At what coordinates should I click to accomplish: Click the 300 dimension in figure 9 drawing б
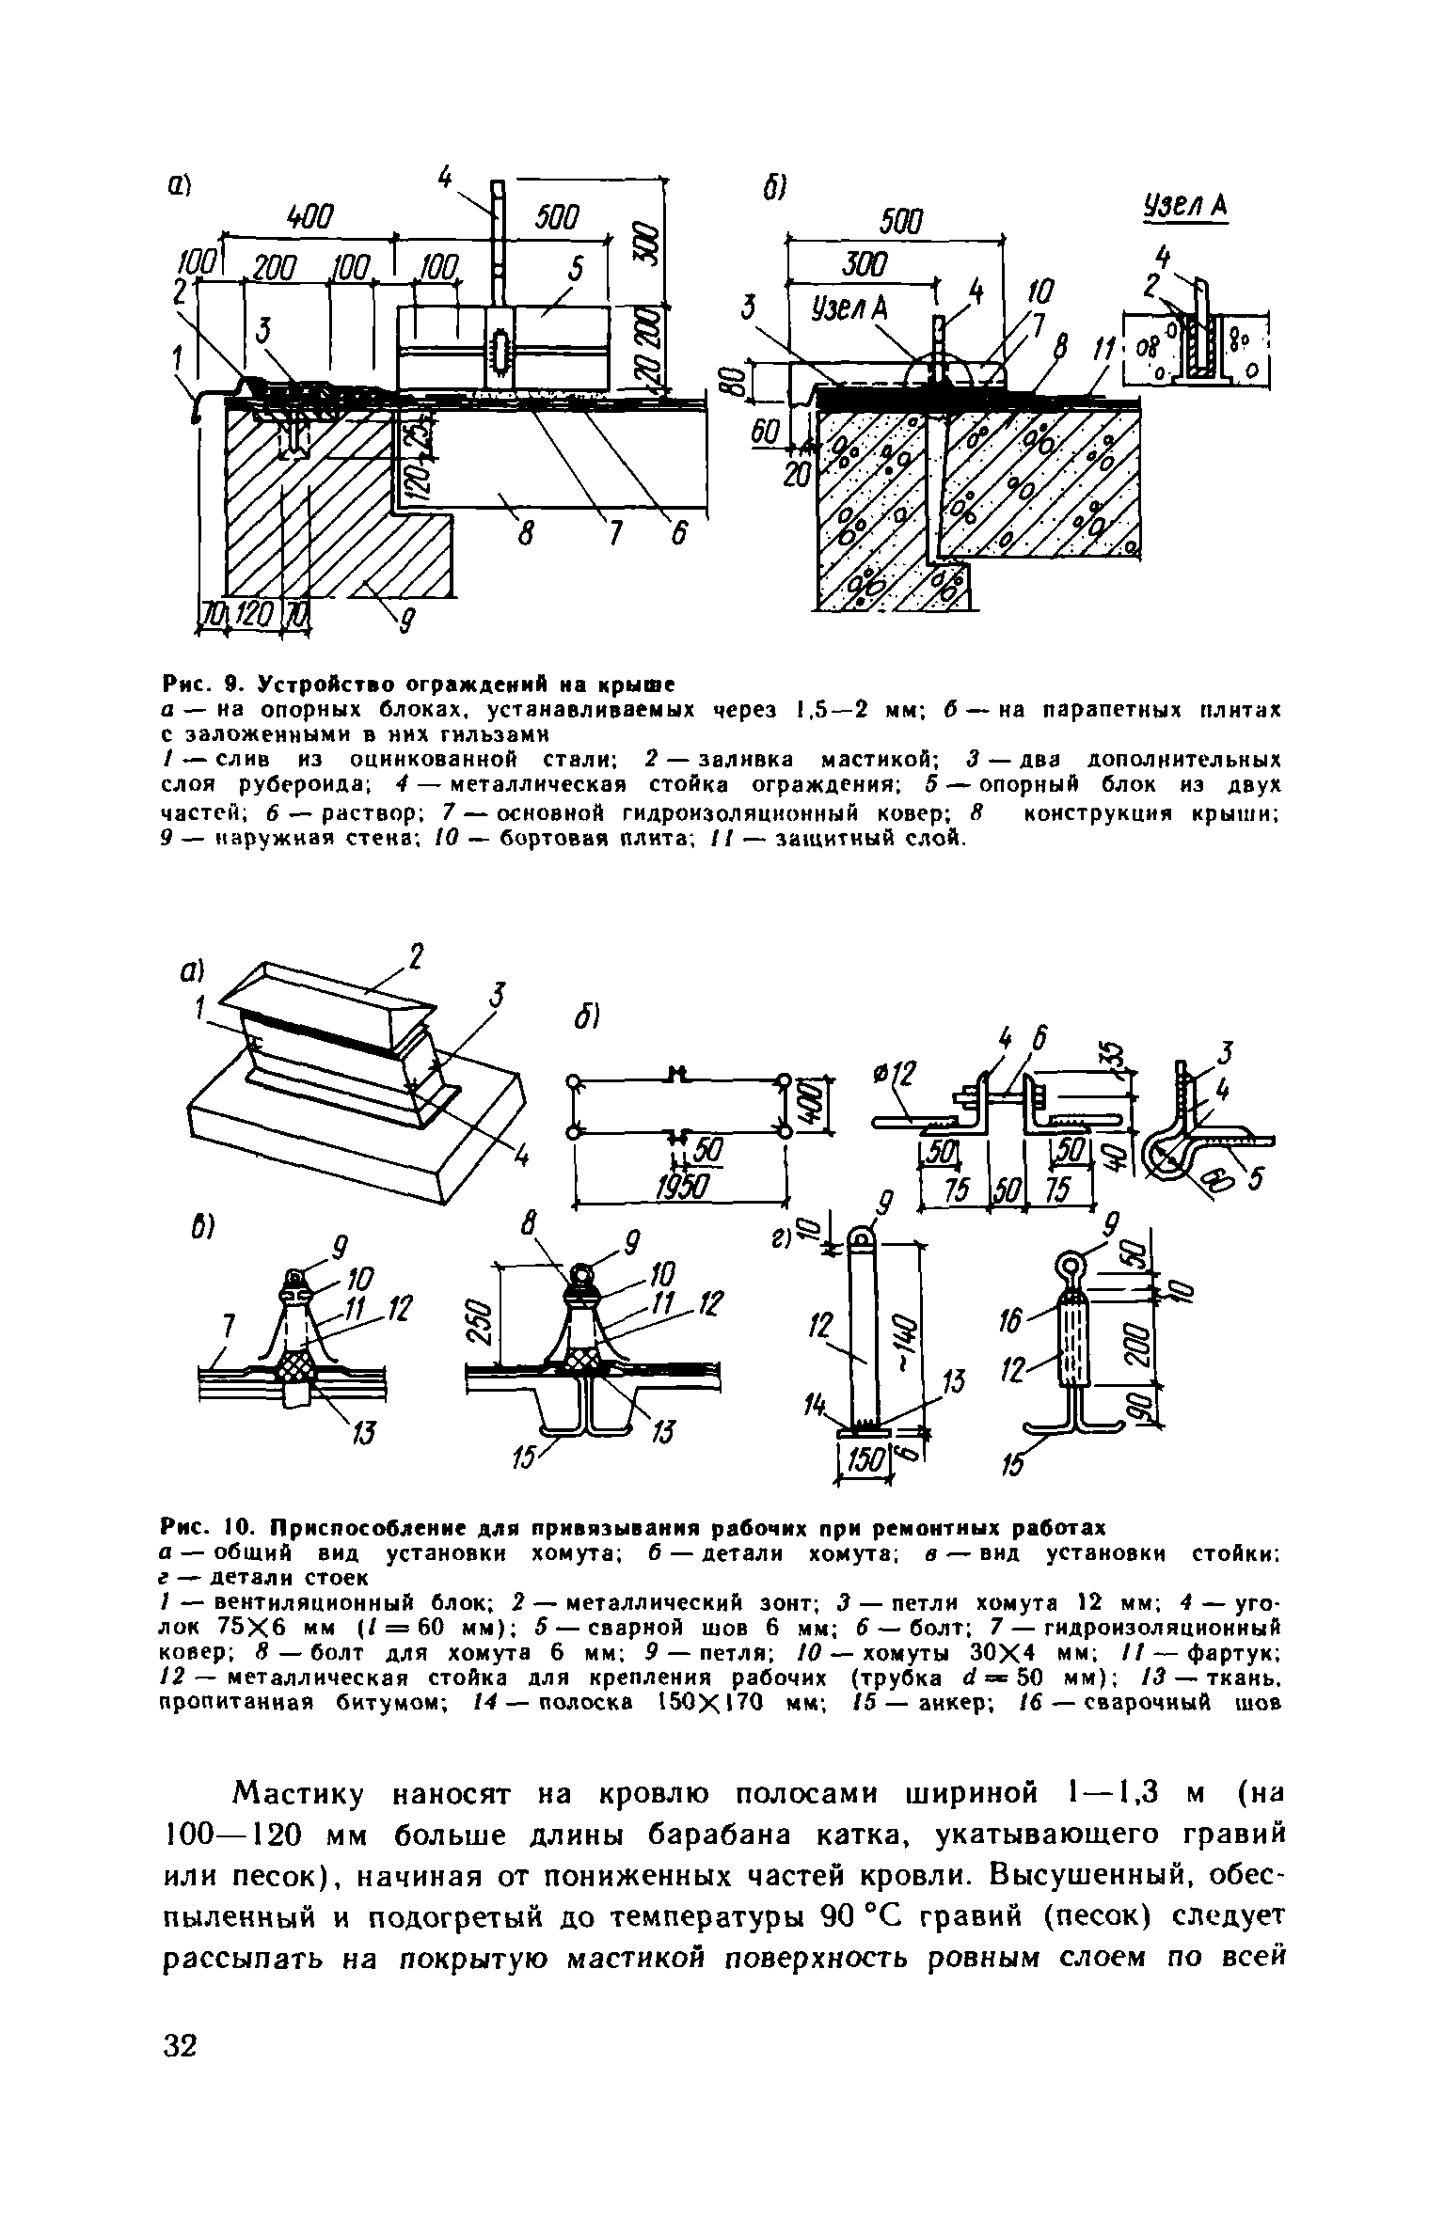863,268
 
